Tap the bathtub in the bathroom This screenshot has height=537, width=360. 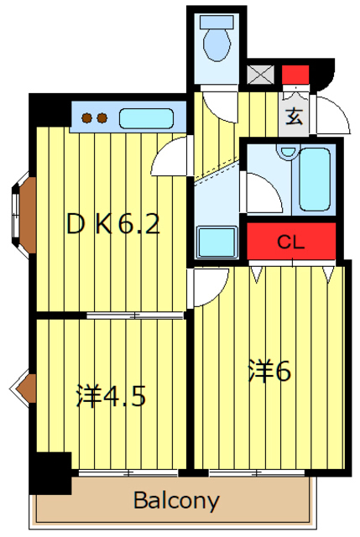[315, 179]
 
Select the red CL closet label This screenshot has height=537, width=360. [290, 242]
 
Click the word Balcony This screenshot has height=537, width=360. [176, 503]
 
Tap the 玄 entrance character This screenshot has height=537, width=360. [294, 117]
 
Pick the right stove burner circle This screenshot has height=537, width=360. [102, 118]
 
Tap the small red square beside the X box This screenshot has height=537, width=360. [294, 74]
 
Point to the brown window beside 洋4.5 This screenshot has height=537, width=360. [26, 387]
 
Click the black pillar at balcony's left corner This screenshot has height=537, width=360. [51, 472]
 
